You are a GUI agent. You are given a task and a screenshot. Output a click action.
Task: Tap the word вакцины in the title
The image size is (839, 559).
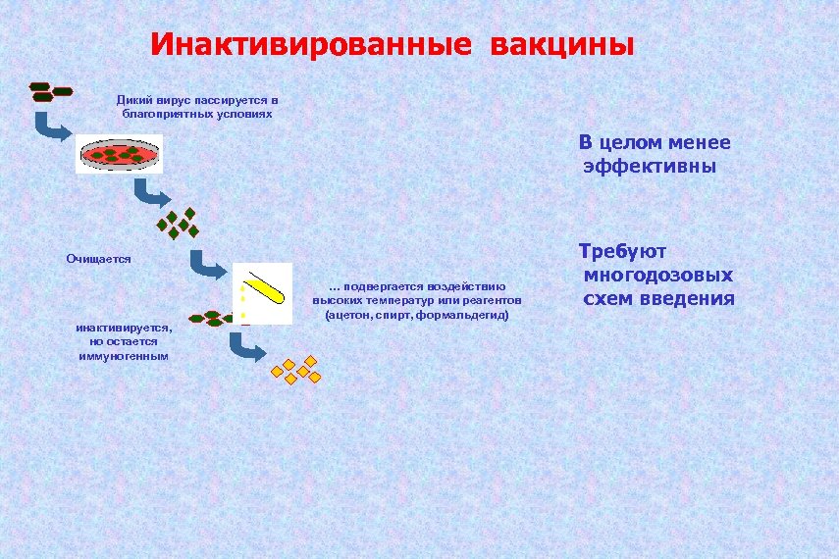(562, 46)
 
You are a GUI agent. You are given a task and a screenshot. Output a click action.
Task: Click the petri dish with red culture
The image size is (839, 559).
(119, 154)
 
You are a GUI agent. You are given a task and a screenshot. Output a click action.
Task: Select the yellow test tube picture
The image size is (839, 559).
(264, 291)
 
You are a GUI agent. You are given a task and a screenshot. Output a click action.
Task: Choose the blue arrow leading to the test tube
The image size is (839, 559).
(208, 264)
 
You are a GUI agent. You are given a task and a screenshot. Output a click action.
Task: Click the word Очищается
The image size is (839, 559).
(98, 258)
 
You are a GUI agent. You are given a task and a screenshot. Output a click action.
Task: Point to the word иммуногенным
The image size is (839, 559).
(124, 355)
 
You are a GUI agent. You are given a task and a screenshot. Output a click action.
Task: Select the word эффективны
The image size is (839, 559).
(650, 167)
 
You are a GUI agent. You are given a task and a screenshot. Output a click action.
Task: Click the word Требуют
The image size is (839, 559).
(622, 252)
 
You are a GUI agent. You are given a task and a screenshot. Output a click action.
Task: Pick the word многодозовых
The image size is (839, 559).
(657, 276)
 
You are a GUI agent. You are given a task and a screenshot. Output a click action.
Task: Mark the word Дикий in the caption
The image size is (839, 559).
(133, 100)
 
